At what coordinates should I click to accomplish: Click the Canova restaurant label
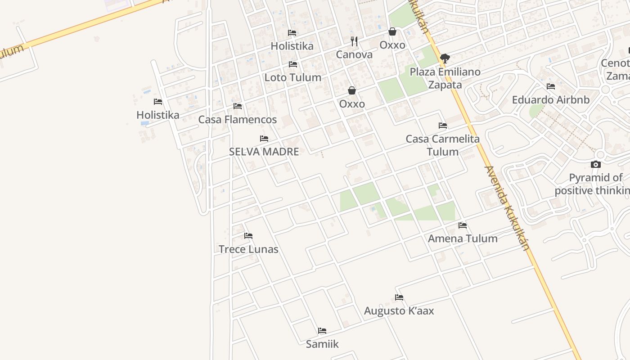[354, 55]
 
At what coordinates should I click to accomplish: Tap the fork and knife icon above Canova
[354, 41]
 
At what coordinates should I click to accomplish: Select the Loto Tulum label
[292, 77]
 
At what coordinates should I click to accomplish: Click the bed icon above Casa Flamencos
[238, 106]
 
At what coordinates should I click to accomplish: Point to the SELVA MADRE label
[264, 152]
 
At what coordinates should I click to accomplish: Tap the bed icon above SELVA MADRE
[264, 139]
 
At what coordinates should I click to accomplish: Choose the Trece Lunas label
[248, 249]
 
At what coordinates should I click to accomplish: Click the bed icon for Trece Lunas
[248, 236]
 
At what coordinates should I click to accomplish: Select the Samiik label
[322, 344]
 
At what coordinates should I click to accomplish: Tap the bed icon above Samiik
[322, 331]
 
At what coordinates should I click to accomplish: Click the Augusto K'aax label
[399, 311]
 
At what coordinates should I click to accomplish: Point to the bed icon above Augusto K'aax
[399, 297]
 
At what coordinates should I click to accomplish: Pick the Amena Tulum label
[463, 238]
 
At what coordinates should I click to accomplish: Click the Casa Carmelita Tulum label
[443, 145]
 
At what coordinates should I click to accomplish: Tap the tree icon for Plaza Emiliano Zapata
[445, 58]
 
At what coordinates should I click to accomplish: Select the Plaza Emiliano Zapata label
[445, 78]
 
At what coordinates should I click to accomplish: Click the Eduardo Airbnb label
[551, 100]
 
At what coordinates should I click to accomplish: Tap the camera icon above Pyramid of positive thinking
[596, 165]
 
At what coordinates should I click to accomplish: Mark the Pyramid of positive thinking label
[592, 184]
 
